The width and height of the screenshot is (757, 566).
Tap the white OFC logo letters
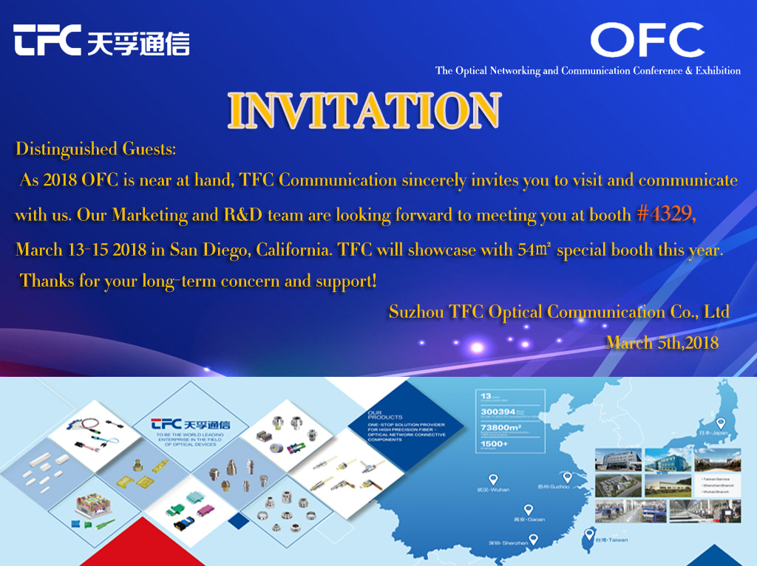pos(646,41)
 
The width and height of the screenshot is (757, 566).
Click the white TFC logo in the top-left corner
pos(101,41)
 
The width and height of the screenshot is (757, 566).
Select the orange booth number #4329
pos(665,214)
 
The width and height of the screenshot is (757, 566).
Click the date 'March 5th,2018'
pos(662,342)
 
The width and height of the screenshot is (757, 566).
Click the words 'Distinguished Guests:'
pos(96,149)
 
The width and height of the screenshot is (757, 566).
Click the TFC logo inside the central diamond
pos(180,424)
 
